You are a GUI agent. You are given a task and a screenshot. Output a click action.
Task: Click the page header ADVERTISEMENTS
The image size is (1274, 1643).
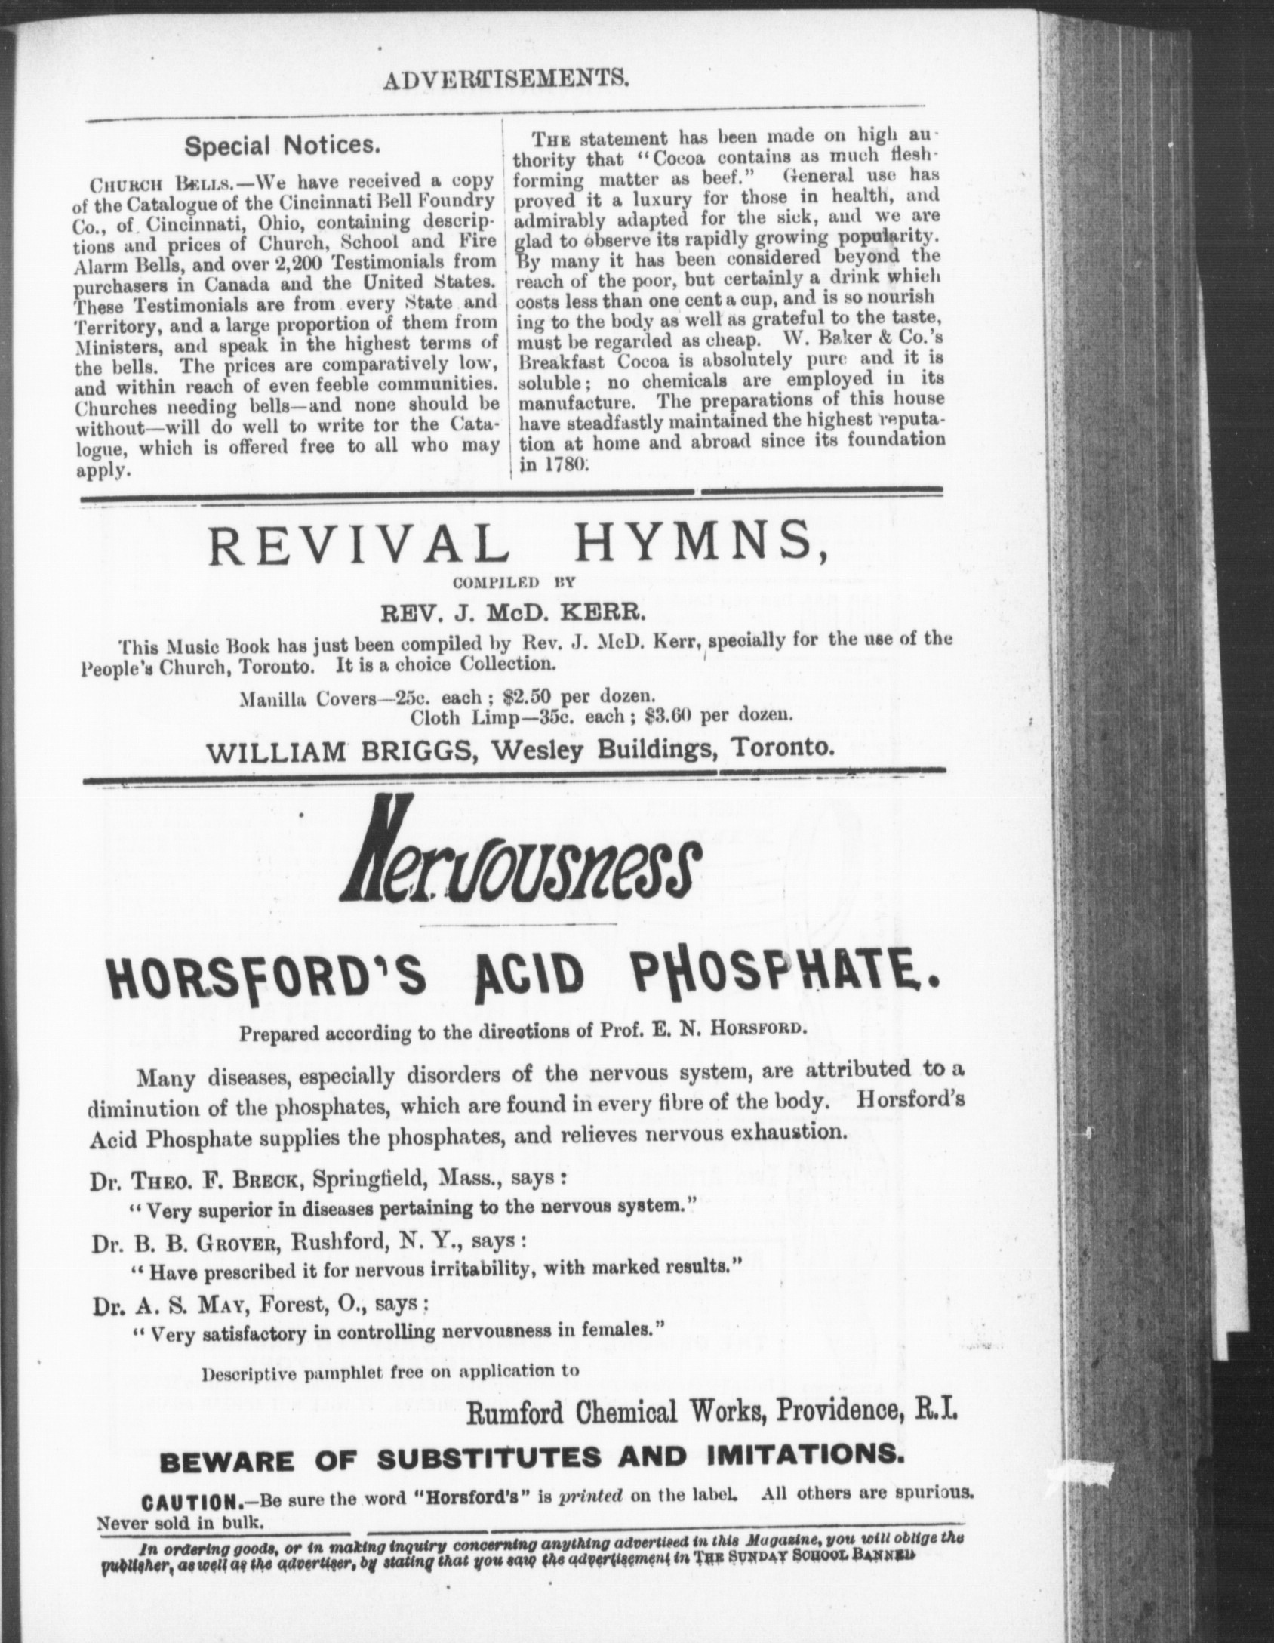tap(505, 77)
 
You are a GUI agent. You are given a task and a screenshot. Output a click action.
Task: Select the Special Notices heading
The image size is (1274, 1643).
tap(282, 145)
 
